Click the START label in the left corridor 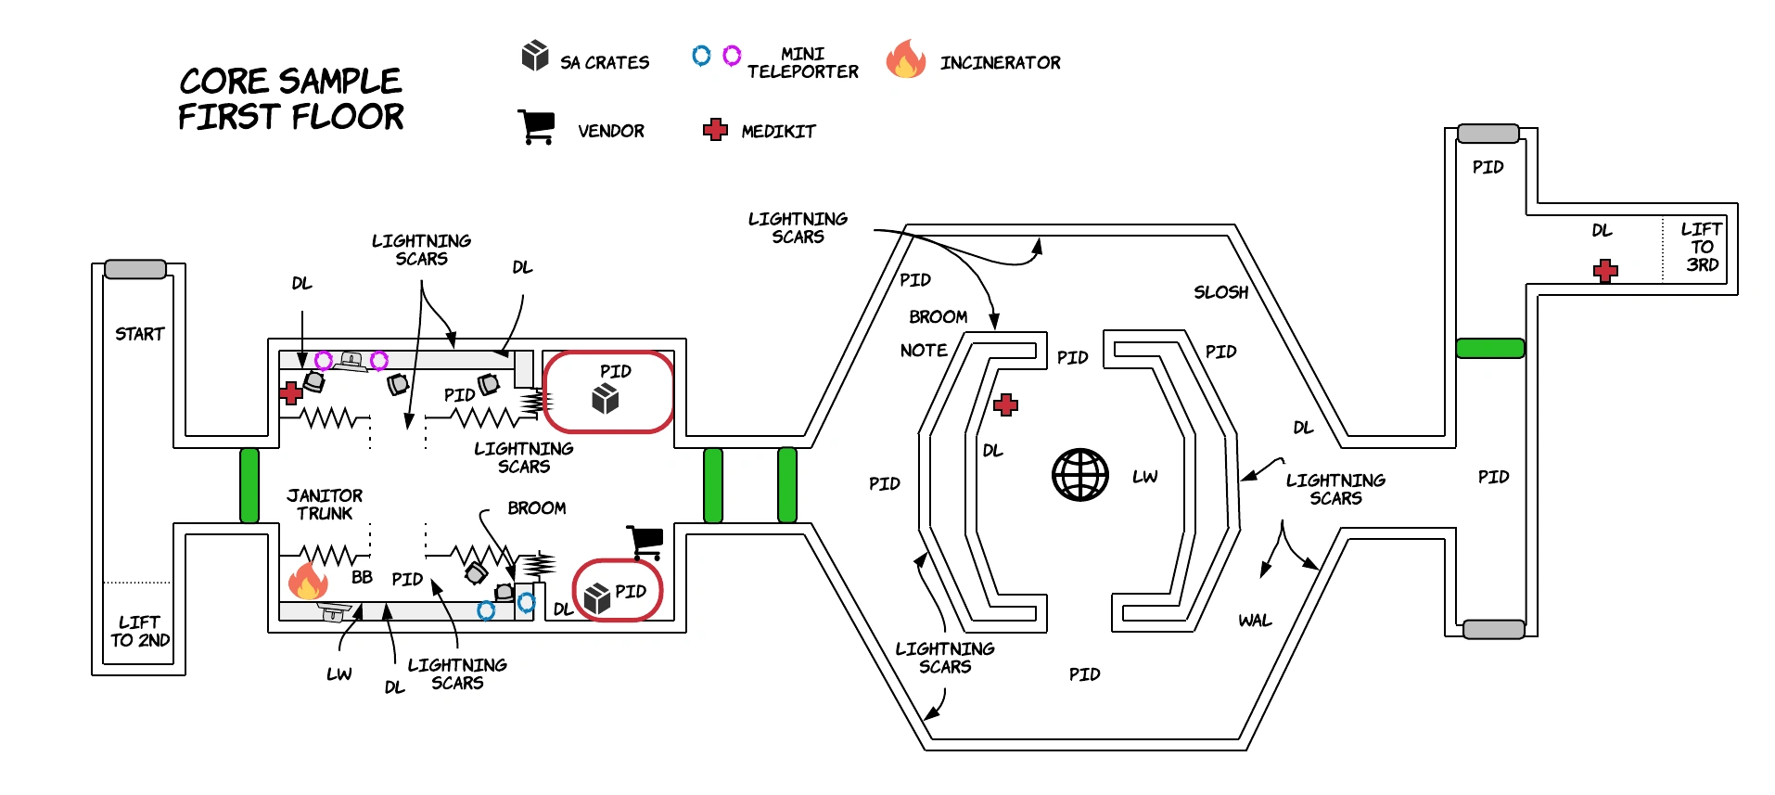(x=139, y=334)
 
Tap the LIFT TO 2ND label (x=140, y=631)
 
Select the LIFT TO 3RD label (x=1702, y=247)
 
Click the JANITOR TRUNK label (x=325, y=505)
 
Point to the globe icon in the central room (x=1079, y=475)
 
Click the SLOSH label (x=1220, y=292)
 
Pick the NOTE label (x=924, y=351)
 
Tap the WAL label (x=1255, y=621)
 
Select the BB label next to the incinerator (x=362, y=577)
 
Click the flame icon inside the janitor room (x=308, y=581)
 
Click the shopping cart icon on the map (x=645, y=542)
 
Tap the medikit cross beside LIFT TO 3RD (x=1605, y=271)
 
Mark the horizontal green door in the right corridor (x=1489, y=349)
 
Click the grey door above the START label (x=135, y=269)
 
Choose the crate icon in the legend (x=535, y=56)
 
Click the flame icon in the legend (x=905, y=59)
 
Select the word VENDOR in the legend (x=610, y=132)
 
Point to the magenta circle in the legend (x=732, y=56)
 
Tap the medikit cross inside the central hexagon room (x=1005, y=404)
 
